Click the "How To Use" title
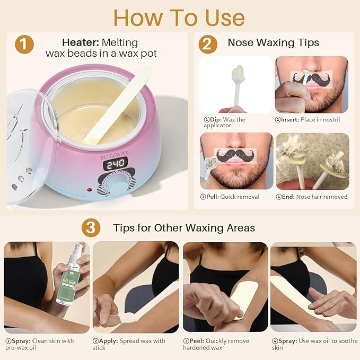(x=179, y=17)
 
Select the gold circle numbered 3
(x=91, y=228)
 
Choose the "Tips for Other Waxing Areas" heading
(x=184, y=228)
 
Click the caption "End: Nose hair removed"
(x=312, y=197)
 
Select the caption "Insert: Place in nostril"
(x=309, y=120)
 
